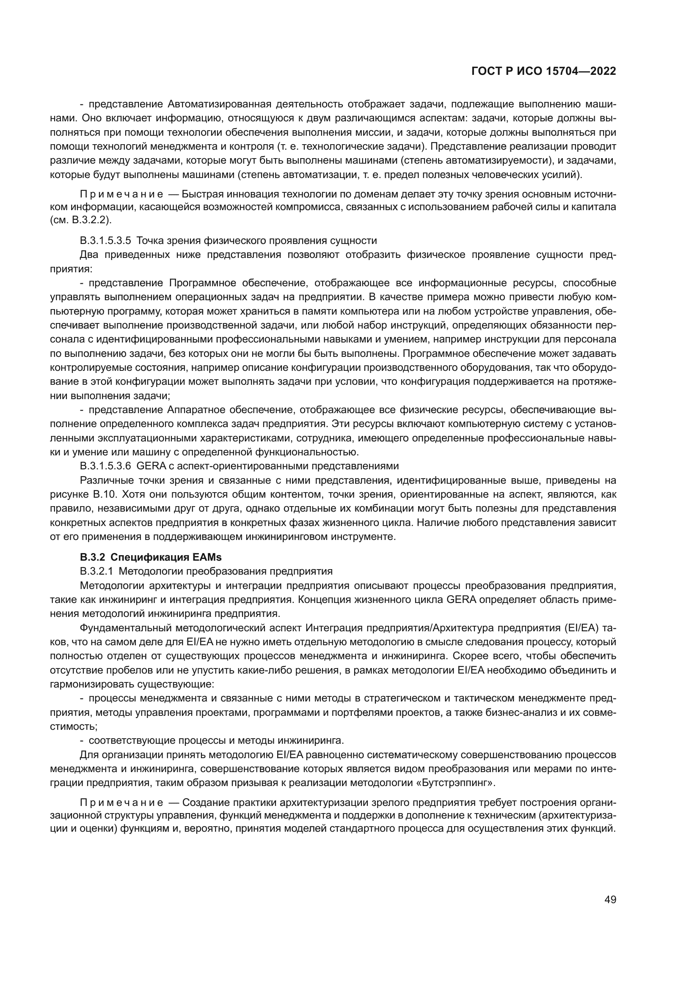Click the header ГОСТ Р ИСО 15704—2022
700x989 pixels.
pyautogui.click(x=544, y=71)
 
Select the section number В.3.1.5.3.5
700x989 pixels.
pyautogui.click(x=106, y=240)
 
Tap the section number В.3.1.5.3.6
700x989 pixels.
pyautogui.click(x=106, y=466)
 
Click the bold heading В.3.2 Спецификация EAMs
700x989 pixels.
pyautogui.click(x=150, y=557)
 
